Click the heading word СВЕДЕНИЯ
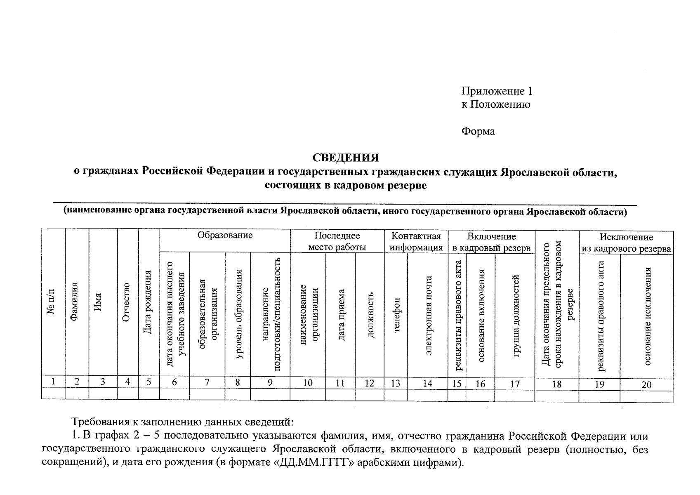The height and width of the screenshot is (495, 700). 345,158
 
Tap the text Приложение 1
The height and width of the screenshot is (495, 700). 497,91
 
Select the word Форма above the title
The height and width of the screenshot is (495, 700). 478,132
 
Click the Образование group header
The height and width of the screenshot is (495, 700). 225,236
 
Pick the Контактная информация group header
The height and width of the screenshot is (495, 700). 416,242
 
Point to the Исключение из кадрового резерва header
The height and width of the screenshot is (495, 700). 626,243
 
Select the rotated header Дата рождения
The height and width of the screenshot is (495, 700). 148,302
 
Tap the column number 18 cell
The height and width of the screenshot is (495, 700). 556,384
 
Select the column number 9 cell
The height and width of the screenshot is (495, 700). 270,383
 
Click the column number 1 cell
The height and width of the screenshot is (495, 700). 53,382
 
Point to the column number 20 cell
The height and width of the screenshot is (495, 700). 646,385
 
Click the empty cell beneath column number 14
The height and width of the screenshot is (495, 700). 427,395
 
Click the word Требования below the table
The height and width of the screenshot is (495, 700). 100,422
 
